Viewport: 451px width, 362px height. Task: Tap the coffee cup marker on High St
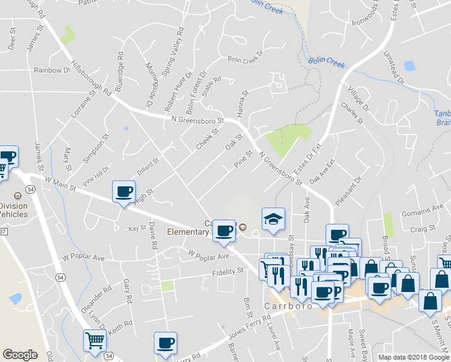coord(124,191)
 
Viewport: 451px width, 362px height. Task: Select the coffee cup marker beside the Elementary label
coord(224,229)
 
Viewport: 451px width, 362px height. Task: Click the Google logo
coord(20,355)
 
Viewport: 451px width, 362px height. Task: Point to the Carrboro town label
coord(288,306)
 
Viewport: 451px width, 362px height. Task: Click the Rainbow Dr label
coord(52,70)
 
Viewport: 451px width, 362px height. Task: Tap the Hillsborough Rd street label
coord(91,78)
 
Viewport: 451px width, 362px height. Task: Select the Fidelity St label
coord(227,271)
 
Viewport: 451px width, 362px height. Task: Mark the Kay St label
coord(137,229)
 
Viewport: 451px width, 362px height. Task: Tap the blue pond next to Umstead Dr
coord(410,66)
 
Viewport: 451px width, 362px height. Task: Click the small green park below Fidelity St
coord(167,286)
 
